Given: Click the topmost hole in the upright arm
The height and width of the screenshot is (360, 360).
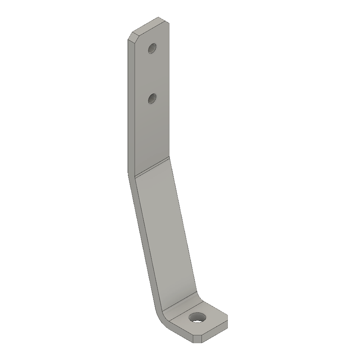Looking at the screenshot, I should (x=153, y=48).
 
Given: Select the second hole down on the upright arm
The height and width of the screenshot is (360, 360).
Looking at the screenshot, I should (x=153, y=98).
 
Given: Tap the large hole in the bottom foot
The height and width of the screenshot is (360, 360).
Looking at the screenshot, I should (x=198, y=318).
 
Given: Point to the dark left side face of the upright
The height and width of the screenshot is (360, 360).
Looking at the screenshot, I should (x=130, y=108).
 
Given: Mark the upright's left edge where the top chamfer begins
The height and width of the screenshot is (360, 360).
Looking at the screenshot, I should (x=128, y=40).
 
